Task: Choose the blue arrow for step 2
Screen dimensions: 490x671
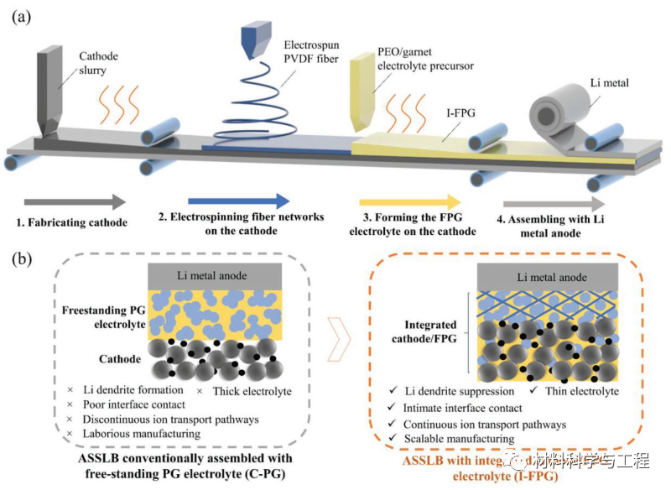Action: tap(239, 201)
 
